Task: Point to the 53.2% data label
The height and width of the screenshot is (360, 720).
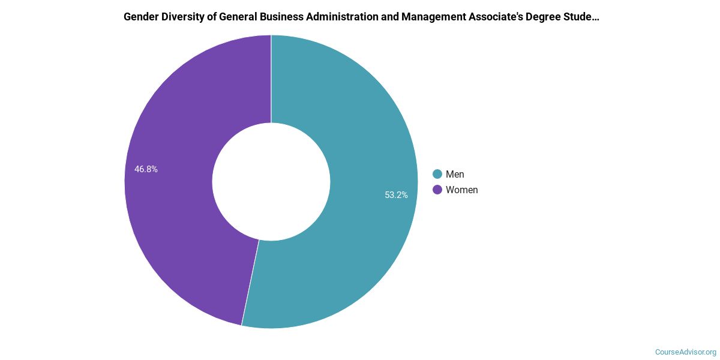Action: pyautogui.click(x=397, y=194)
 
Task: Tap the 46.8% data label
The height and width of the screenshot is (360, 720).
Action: pyautogui.click(x=146, y=169)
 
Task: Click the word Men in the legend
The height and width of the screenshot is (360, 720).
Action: pyautogui.click(x=455, y=174)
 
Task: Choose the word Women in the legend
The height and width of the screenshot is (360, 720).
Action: pyautogui.click(x=462, y=190)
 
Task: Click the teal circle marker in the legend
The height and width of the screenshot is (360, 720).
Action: pyautogui.click(x=437, y=174)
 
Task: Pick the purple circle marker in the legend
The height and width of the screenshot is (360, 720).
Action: pyautogui.click(x=437, y=190)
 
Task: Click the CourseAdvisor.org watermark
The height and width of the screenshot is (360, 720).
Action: pyautogui.click(x=685, y=352)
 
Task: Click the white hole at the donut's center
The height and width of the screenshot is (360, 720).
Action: pyautogui.click(x=271, y=182)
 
